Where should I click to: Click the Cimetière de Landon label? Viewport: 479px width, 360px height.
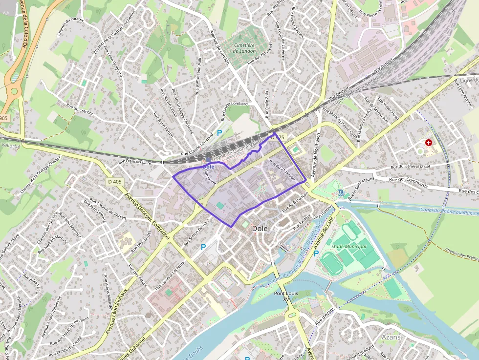point(245,48)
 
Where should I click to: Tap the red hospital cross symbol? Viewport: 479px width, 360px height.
point(429,143)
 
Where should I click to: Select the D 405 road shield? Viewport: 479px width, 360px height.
point(114,182)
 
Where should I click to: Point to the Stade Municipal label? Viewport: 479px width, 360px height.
point(348,247)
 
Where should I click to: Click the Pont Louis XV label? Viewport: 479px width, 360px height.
point(286,296)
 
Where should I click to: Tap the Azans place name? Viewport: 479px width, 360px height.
point(391,337)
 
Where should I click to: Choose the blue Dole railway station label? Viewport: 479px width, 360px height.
point(208,167)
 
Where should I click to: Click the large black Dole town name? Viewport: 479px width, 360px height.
point(260,228)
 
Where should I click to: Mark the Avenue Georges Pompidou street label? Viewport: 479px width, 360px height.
point(147,215)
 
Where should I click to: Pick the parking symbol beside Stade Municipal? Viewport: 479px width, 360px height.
point(316,253)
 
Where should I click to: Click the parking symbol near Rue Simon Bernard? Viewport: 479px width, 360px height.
point(203,247)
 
